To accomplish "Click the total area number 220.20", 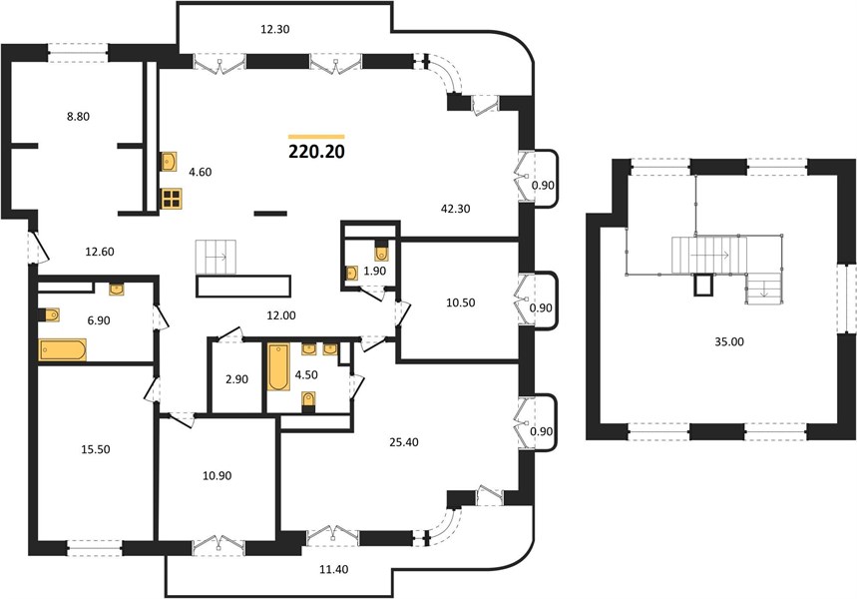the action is (316, 152).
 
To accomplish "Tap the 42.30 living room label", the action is (455, 209).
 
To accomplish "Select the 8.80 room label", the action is (78, 116).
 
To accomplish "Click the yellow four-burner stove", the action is (172, 199).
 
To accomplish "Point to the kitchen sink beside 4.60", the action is (169, 162).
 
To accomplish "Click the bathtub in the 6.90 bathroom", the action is (62, 350).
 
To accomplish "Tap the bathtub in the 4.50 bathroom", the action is (278, 366).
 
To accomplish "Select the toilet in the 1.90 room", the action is (381, 252).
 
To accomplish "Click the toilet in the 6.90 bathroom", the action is (49, 314).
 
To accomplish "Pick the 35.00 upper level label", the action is (729, 341).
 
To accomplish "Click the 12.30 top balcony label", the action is (274, 30).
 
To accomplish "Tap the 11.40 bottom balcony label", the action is (333, 569).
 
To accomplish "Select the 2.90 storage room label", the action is (236, 379).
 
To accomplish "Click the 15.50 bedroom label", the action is (96, 449).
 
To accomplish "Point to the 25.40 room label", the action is (404, 442).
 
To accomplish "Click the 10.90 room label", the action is (216, 476).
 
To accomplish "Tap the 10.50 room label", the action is (461, 302).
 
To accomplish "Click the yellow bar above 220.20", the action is (316, 137).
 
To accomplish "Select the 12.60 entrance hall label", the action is (100, 252).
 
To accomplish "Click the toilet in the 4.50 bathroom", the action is (309, 401).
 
